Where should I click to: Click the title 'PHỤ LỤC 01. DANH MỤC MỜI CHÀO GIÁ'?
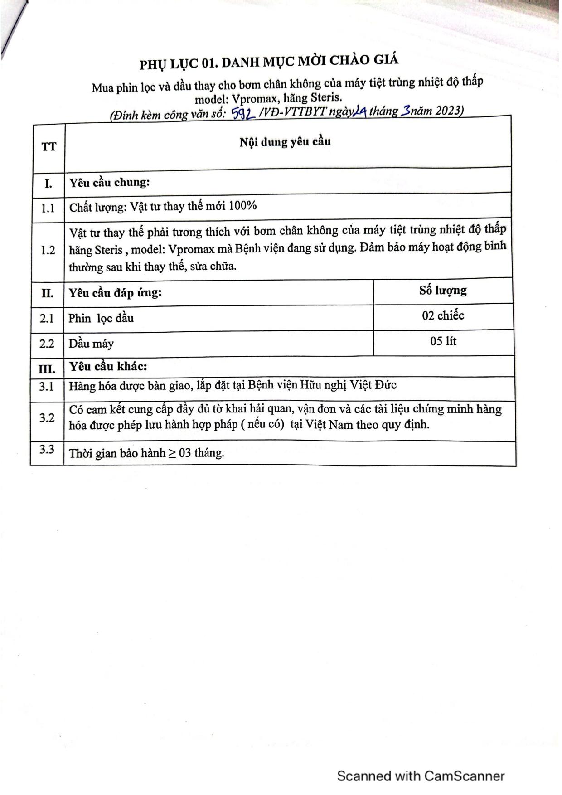pyautogui.click(x=269, y=62)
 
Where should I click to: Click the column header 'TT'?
pyautogui.click(x=49, y=147)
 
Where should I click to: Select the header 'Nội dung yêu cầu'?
pyautogui.click(x=285, y=142)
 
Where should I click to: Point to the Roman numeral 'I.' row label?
pyautogui.click(x=48, y=184)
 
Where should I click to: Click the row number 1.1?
pyautogui.click(x=48, y=208)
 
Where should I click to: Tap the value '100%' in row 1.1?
pyautogui.click(x=242, y=206)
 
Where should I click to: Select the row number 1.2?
pyautogui.click(x=48, y=250)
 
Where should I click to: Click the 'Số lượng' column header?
pyautogui.click(x=443, y=290)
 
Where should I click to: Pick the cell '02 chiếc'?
pyautogui.click(x=443, y=315)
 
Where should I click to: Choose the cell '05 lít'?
pyautogui.click(x=443, y=341)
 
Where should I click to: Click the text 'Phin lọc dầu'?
pyautogui.click(x=101, y=318)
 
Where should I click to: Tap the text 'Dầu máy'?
pyautogui.click(x=91, y=344)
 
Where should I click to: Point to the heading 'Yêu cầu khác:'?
pyautogui.click(x=108, y=366)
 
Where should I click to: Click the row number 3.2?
pyautogui.click(x=47, y=417)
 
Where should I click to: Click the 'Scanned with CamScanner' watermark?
pyautogui.click(x=421, y=776)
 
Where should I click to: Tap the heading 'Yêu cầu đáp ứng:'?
pyautogui.click(x=115, y=293)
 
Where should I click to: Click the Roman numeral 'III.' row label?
pyautogui.click(x=47, y=368)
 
